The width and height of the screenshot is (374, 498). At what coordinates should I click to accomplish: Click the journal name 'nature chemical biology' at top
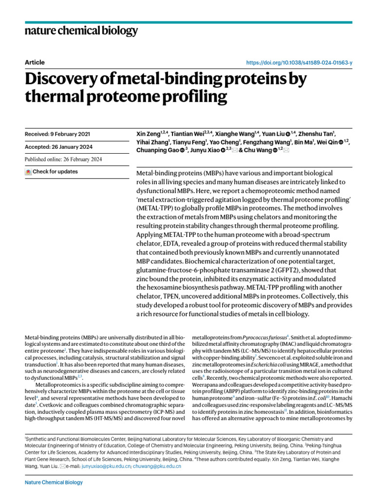[x=81, y=31]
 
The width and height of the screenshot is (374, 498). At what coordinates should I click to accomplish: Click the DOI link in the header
[x=299, y=63]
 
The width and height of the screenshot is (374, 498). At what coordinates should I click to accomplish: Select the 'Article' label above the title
[x=34, y=63]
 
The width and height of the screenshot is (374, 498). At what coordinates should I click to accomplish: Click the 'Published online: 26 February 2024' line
[x=63, y=160]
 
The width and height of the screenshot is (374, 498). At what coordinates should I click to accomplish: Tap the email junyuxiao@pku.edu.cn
[x=106, y=466]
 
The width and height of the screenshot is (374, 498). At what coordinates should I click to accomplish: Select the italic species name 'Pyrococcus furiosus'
[x=263, y=337]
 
